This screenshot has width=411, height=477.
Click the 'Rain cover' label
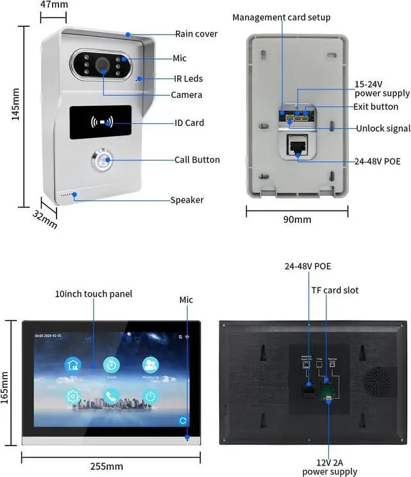coord(197,34)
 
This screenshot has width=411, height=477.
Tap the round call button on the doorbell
coord(101,160)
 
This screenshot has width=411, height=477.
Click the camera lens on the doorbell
coord(102,65)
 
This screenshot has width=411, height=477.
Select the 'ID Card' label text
coord(189,123)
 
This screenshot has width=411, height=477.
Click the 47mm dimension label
coord(54,4)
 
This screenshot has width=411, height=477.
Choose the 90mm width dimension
coord(297,220)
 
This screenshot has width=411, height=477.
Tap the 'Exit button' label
coord(376,107)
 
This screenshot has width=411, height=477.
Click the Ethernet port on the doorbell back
coord(297,146)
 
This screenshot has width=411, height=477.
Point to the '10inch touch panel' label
coord(94,294)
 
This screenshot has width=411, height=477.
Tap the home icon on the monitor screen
coord(73,365)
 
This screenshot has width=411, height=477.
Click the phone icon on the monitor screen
coord(111,396)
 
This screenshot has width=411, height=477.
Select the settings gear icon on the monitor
coord(73,396)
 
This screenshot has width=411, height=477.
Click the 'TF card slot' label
coord(335,290)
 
